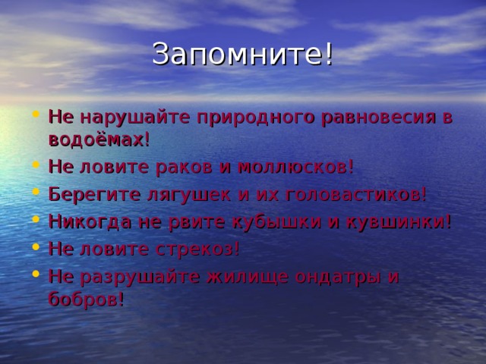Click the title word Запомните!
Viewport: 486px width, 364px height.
tap(242, 55)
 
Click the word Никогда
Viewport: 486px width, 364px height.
tap(84, 221)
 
